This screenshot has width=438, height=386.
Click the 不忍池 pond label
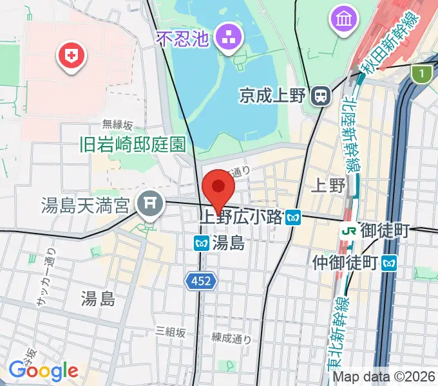(x=184, y=39)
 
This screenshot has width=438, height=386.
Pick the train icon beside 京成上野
(x=319, y=96)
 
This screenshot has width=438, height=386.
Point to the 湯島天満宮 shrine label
(x=85, y=206)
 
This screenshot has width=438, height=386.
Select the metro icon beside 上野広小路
(x=294, y=217)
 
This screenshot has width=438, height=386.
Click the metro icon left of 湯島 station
(x=201, y=243)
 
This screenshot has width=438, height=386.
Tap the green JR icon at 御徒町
(x=349, y=229)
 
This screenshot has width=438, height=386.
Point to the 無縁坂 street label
(x=118, y=125)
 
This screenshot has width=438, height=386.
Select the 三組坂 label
(x=170, y=332)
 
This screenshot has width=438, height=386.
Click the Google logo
(x=43, y=371)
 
